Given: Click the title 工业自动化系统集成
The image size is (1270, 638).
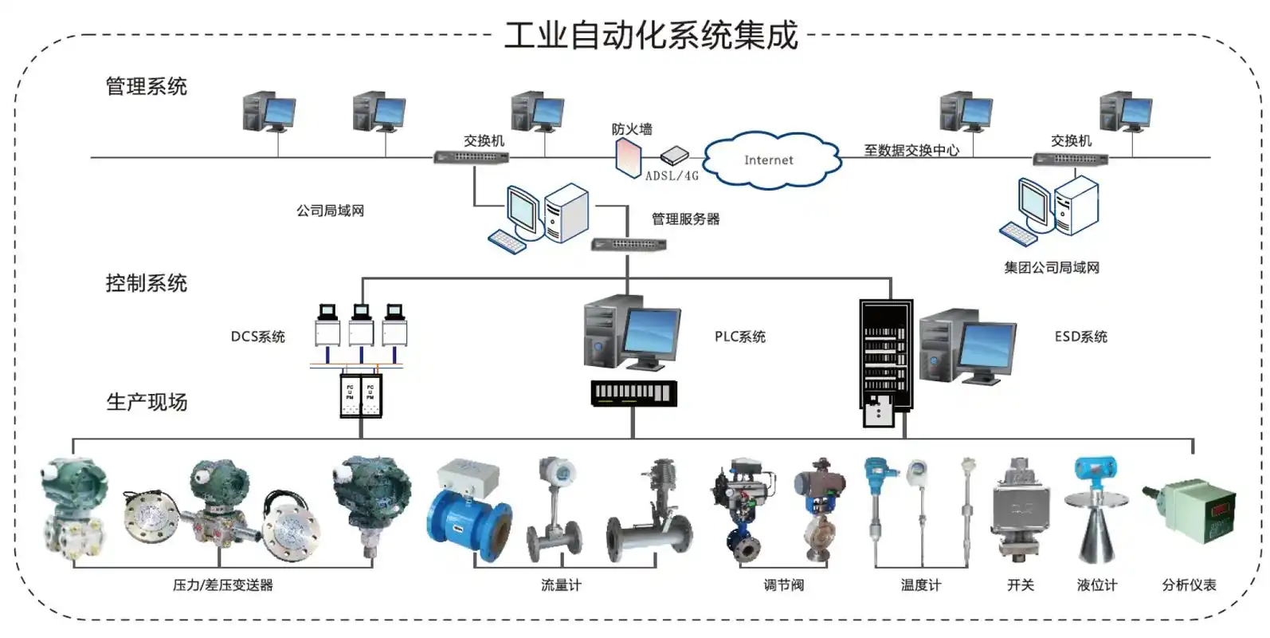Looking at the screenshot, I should coord(651,36).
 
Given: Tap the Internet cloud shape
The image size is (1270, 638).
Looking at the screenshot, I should coord(770,160).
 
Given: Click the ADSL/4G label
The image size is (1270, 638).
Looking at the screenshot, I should coord(672,176).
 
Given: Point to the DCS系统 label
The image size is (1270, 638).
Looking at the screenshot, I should coord(257,337).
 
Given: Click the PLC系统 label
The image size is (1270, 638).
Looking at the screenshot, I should coord(739,337).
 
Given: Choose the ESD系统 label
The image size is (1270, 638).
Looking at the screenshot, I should coord(1080,337).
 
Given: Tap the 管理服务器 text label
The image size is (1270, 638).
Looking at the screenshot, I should coord(685,219).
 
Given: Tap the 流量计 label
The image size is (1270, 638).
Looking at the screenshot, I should coord(561,585).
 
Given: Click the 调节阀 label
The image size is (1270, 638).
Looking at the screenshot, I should coord(783,585).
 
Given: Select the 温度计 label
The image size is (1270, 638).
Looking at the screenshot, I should coord(920,585).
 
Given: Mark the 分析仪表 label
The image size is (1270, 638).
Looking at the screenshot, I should coord(1189,585).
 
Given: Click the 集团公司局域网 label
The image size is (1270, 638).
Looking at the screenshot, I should coord(1051,268).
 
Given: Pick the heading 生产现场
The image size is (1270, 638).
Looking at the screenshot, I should coord(147,402).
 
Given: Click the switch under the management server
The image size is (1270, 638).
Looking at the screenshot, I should coord(629,245).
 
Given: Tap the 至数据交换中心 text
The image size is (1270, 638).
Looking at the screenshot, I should coord(911,150).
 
